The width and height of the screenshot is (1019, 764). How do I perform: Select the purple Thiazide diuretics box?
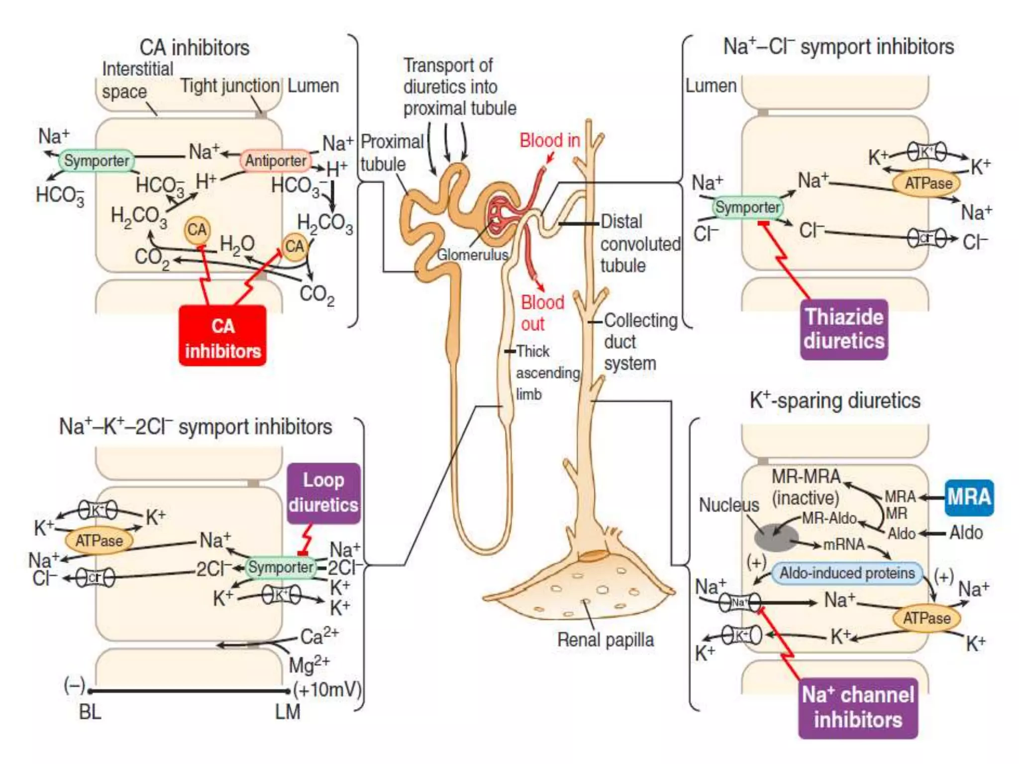click(844, 329)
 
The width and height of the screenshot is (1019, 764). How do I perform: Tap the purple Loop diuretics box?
click(323, 493)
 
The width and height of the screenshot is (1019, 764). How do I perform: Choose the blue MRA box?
click(969, 497)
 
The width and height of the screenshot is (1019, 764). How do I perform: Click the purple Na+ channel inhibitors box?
click(858, 707)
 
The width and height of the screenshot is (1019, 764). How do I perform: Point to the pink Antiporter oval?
click(276, 161)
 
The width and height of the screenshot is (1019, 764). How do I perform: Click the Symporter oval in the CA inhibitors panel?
click(97, 161)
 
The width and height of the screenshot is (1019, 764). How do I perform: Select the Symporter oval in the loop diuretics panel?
click(281, 567)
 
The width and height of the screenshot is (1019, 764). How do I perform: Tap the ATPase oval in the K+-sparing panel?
click(926, 618)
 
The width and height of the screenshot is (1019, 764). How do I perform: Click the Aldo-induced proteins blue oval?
click(847, 573)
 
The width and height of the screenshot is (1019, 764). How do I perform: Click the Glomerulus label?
click(472, 255)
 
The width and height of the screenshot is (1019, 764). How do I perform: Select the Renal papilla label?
click(605, 640)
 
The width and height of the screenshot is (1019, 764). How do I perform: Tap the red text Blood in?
click(550, 140)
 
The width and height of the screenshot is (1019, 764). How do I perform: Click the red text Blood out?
click(542, 313)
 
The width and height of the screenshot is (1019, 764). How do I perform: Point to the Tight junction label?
click(229, 86)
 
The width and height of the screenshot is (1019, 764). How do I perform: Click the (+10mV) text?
click(327, 689)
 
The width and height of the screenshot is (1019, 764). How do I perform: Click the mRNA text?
click(844, 544)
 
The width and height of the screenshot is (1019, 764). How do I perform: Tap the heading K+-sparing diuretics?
click(835, 401)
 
